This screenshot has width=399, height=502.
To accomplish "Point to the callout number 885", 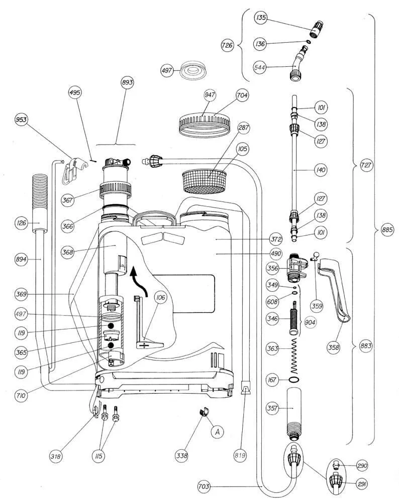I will pyautogui.click(x=387, y=230).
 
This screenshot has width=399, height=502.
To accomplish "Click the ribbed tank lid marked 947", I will pyautogui.click(x=205, y=122).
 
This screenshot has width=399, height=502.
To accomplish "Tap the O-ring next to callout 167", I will pyautogui.click(x=294, y=380).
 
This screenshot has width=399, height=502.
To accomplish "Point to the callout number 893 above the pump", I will pyautogui.click(x=127, y=83).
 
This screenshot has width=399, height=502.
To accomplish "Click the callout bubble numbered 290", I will pyautogui.click(x=361, y=466).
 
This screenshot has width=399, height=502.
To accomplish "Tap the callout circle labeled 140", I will pyautogui.click(x=321, y=170).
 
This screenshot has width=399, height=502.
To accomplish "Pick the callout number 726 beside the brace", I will pyautogui.click(x=228, y=45).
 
